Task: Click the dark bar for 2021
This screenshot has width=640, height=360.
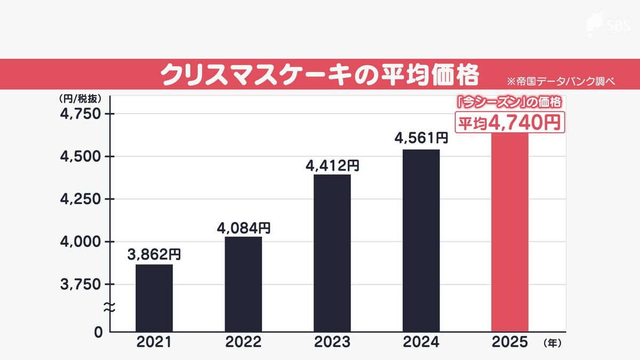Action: pyautogui.click(x=154, y=298)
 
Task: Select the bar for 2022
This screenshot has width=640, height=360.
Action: pyautogui.click(x=243, y=284)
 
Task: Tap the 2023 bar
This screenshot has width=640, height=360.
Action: pyautogui.click(x=332, y=253)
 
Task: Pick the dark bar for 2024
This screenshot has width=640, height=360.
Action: pyautogui.click(x=421, y=240)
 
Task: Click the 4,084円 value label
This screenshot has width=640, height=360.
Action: pyautogui.click(x=243, y=228)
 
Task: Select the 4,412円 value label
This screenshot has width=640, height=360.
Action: pyautogui.click(x=332, y=165)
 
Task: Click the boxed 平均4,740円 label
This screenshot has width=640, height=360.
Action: pyautogui.click(x=509, y=122)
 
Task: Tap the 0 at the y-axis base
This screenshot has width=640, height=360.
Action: pyautogui.click(x=98, y=332)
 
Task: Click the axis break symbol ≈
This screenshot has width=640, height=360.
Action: pyautogui.click(x=109, y=307)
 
